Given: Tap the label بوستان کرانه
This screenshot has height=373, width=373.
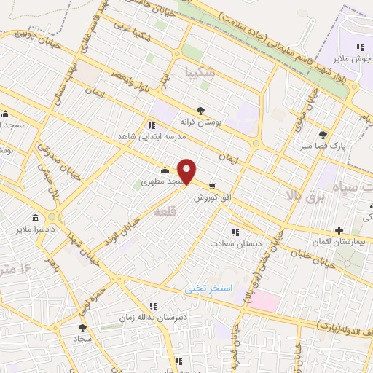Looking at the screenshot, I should click(199, 122).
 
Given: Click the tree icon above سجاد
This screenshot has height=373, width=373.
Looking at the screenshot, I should click(82, 329).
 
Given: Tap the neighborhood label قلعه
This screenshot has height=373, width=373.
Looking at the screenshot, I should click(162, 211).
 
